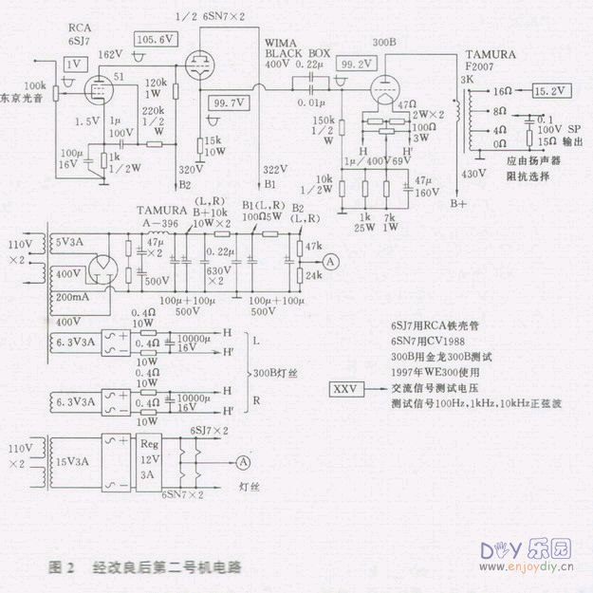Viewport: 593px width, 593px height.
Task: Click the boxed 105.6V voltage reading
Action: coord(156,41)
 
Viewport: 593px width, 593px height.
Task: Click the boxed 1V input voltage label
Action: coord(73,64)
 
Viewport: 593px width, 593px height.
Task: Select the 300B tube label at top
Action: coord(385,43)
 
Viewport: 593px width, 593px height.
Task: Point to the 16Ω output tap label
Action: coord(503,92)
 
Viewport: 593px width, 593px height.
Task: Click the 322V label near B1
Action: coord(276,168)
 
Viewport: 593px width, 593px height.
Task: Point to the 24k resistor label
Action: coord(314,274)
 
